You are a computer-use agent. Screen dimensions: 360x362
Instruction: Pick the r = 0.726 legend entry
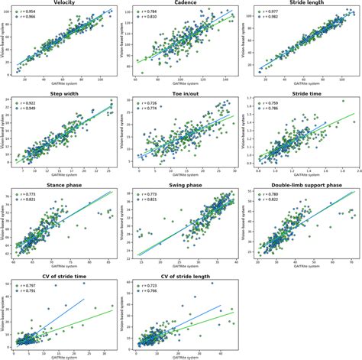pos(150,104)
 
